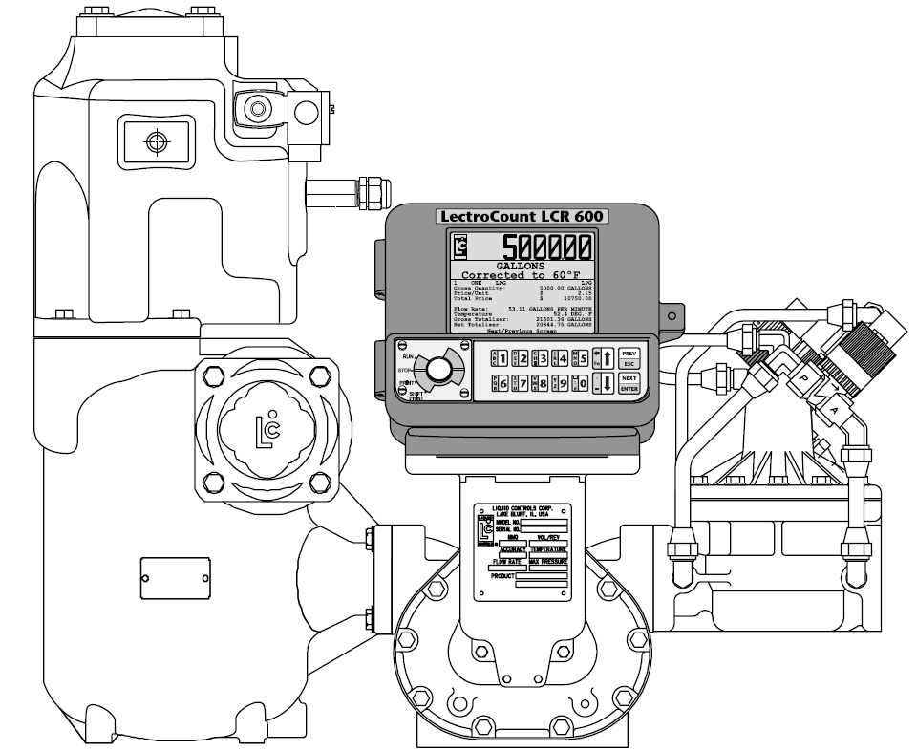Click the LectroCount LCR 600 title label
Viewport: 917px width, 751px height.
coord(522,217)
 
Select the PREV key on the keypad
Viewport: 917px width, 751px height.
coord(628,352)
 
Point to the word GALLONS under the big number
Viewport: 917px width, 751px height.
coord(522,266)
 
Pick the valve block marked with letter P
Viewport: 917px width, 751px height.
coord(803,378)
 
